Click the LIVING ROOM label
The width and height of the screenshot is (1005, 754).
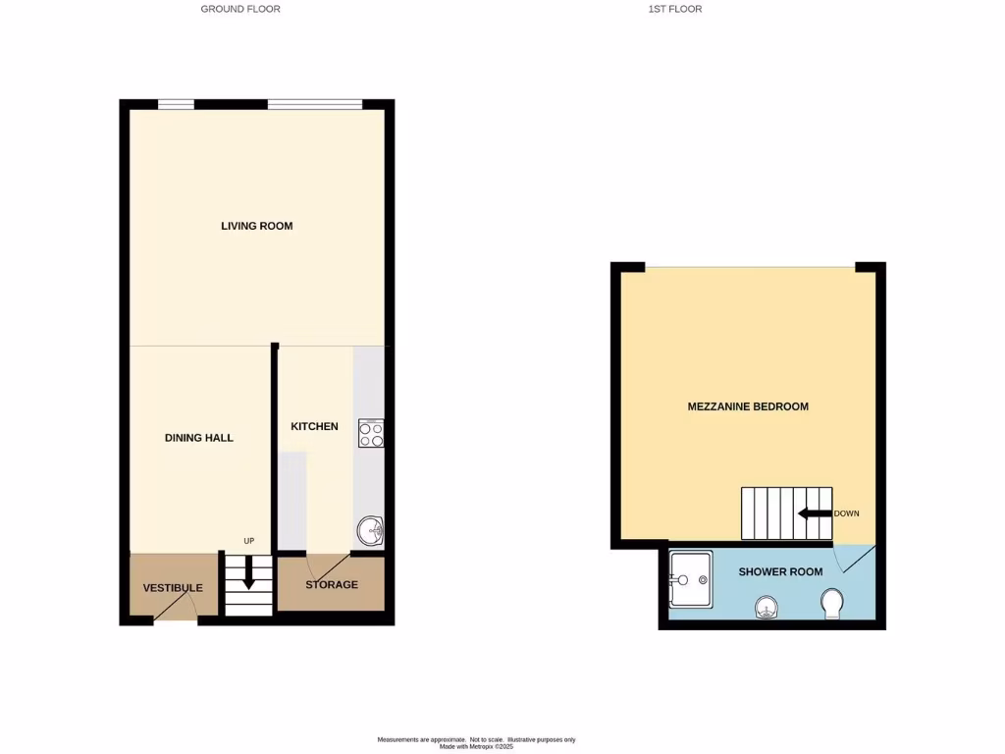pos(256,226)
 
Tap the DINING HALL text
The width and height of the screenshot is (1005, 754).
pos(199,438)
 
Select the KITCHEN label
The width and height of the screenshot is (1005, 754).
pos(314,426)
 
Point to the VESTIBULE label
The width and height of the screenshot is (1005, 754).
pos(173,588)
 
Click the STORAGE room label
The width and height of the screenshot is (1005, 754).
pos(332,585)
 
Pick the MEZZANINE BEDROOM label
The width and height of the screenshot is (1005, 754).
pos(748,406)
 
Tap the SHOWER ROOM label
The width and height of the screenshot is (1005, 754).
pos(780,571)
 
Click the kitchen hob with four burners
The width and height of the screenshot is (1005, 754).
pos(371,433)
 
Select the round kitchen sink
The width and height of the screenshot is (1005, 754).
pos(371,531)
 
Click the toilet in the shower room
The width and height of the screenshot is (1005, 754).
pos(833,603)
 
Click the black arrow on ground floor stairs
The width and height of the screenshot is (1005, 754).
pos(248,572)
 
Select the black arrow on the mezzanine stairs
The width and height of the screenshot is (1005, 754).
pos(814,513)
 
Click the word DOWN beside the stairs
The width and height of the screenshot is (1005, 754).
pos(846,513)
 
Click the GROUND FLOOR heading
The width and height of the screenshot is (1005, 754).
pos(240,9)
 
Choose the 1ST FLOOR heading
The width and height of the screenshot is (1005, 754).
pos(675,9)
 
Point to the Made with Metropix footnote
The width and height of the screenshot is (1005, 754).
pos(477,746)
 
